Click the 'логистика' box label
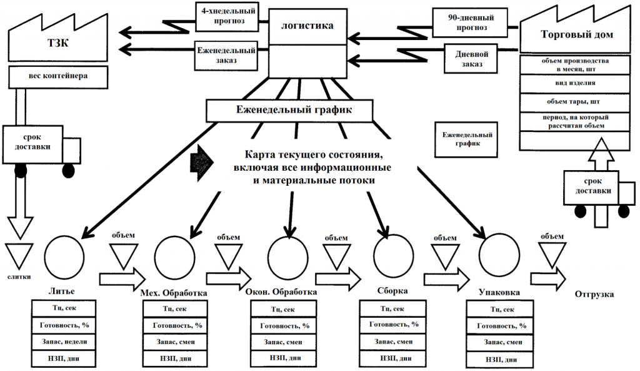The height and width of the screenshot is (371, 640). pos(307,26)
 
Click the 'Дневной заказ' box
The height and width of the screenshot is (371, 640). pos(471,58)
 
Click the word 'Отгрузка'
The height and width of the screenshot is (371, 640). pos(594,294)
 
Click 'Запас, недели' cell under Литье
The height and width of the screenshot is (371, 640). pos(62,342)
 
